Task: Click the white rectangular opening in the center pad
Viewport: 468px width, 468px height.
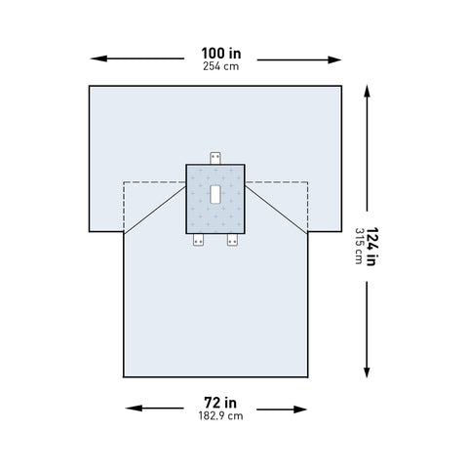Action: click(x=215, y=193)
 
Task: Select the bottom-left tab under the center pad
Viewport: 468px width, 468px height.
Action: click(x=198, y=239)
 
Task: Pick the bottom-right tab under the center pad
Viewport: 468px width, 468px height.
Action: click(x=233, y=239)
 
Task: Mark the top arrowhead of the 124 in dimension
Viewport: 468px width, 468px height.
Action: click(x=367, y=89)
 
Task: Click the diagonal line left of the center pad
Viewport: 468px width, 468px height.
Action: click(x=156, y=208)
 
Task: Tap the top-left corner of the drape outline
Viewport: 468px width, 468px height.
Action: click(x=89, y=87)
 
